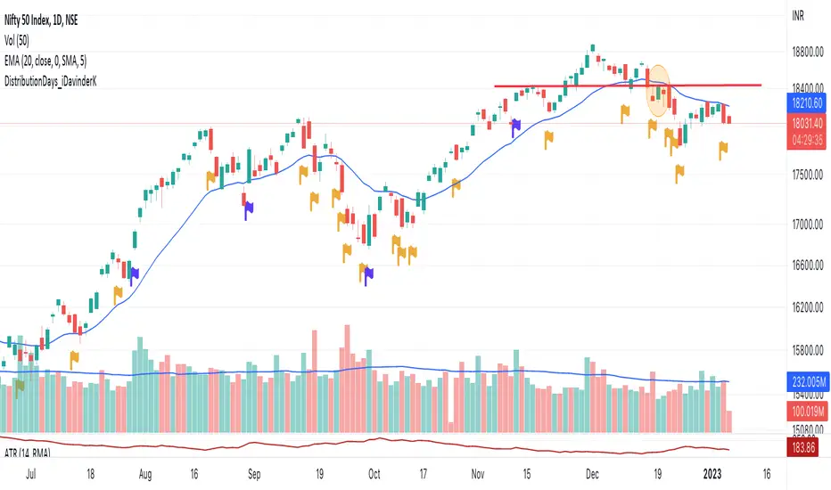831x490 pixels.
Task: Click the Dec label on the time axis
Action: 594,473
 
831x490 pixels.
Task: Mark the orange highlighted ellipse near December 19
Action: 658,91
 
